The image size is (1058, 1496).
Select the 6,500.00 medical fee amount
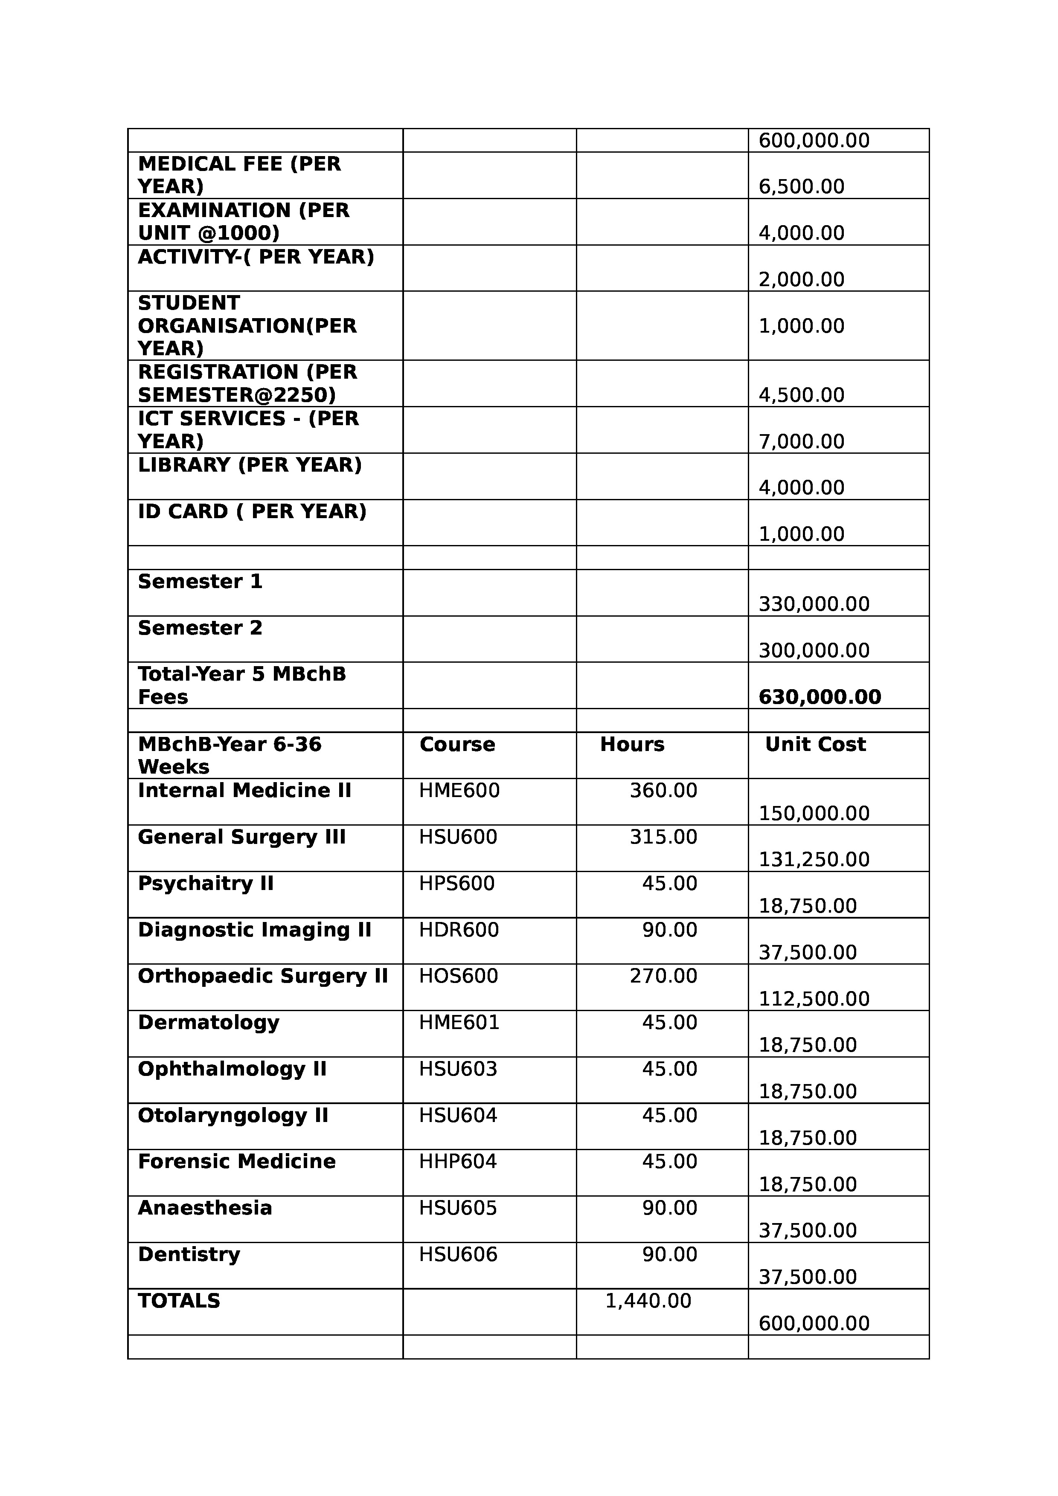(801, 187)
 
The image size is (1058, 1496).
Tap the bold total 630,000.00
(820, 697)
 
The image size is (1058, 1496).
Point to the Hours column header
(632, 744)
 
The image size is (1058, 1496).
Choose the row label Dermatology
(209, 1022)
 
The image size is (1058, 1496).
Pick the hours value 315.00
(663, 837)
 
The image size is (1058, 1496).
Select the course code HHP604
(458, 1161)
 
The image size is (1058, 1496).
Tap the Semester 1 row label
(200, 581)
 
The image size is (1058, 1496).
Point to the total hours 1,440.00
(648, 1301)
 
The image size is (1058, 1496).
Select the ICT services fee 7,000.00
(801, 442)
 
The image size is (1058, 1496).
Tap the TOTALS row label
(179, 1301)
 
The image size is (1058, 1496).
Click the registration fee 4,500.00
(801, 395)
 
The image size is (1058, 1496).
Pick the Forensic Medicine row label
(237, 1161)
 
